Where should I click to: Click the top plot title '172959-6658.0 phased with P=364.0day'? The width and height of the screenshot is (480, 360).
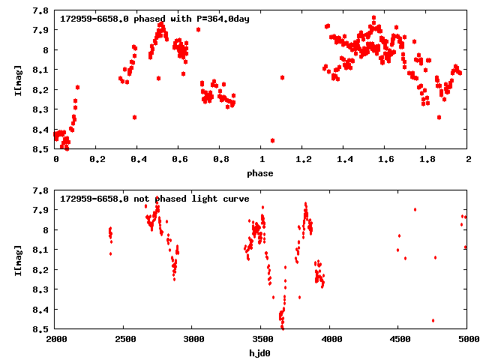154,19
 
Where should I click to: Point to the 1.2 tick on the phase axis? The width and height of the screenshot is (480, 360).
302,160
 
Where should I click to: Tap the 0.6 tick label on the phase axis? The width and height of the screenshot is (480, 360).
178,160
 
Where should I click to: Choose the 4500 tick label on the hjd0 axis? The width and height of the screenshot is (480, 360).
398,339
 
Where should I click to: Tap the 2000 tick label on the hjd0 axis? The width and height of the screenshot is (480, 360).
55,339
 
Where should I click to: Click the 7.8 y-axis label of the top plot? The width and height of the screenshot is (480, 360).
42,10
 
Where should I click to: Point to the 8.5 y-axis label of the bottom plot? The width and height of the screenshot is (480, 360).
42,328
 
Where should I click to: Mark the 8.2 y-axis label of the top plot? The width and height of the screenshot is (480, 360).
42,90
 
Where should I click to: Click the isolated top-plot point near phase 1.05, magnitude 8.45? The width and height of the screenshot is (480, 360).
272,140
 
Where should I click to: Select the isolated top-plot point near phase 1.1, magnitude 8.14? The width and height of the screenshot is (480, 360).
282,77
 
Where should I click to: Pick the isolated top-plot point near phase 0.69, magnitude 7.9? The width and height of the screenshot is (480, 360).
198,29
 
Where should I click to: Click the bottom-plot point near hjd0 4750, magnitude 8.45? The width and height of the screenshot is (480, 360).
433,320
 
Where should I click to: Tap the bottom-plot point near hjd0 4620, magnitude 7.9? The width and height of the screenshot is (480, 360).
415,209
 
